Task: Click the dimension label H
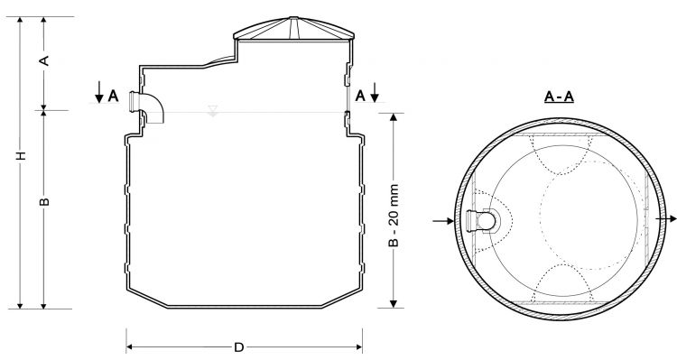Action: point(21,156)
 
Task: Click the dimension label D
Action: point(239,347)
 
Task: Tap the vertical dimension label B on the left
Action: point(44,201)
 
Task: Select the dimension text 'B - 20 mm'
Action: point(394,216)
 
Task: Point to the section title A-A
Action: point(559,97)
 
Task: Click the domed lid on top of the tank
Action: point(293,30)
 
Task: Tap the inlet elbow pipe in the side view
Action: point(149,107)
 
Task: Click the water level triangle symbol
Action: point(212,110)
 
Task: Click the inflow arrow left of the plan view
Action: point(443,221)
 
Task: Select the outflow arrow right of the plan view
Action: point(666,219)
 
